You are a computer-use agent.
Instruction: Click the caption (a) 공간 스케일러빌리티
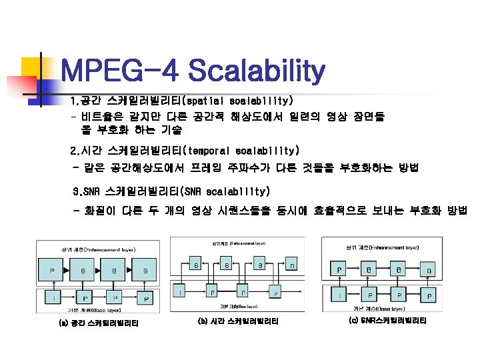pos(99,324)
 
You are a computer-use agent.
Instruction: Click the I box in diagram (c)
pos(340,295)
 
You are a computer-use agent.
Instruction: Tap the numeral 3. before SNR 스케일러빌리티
pos(77,192)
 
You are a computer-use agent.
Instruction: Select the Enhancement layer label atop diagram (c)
pos(382,247)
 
